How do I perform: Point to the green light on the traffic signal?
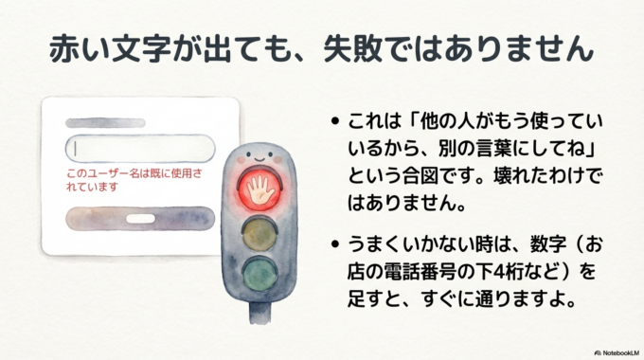pyautogui.click(x=261, y=276)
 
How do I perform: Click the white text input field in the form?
pyautogui.click(x=139, y=150)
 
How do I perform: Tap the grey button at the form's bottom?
pyautogui.click(x=139, y=220)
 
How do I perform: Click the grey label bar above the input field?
pyautogui.click(x=104, y=122)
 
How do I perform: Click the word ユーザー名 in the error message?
pyautogui.click(x=114, y=173)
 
